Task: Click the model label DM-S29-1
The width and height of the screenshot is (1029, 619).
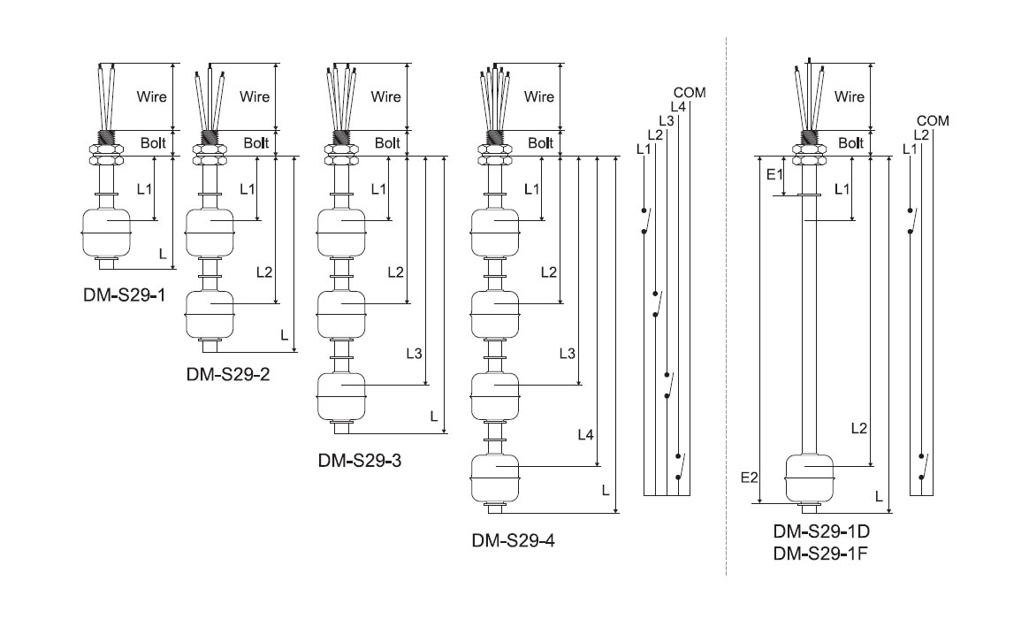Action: click(x=124, y=295)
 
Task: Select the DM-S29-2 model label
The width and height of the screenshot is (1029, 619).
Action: click(x=228, y=374)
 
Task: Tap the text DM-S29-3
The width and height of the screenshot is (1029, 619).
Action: click(x=360, y=460)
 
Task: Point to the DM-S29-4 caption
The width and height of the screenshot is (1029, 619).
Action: click(x=514, y=540)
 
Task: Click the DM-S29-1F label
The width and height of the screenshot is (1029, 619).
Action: click(x=820, y=554)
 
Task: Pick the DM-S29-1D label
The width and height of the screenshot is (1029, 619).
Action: click(x=821, y=531)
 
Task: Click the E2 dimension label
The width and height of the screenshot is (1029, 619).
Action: click(x=749, y=478)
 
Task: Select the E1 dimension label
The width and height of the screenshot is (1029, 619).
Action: click(x=775, y=174)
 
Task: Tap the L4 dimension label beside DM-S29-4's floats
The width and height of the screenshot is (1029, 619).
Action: click(x=585, y=434)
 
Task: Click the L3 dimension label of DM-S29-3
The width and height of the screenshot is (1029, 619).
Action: click(x=414, y=354)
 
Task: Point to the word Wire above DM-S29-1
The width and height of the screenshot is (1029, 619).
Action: click(x=151, y=96)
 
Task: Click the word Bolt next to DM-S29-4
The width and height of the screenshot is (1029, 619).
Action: click(x=541, y=143)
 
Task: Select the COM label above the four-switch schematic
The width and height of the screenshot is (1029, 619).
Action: click(x=690, y=93)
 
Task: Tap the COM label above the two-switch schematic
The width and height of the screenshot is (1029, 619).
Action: click(x=933, y=121)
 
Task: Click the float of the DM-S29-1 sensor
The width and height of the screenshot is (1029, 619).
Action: click(x=106, y=233)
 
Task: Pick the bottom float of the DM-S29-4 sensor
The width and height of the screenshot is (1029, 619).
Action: click(x=495, y=478)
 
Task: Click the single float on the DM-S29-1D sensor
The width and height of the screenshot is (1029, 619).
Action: click(x=810, y=478)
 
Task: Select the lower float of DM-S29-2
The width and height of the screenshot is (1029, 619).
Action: click(x=210, y=315)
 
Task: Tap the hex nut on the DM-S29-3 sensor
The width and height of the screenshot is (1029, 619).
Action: click(x=341, y=155)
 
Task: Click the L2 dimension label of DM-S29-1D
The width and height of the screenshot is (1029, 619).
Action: click(x=859, y=428)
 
